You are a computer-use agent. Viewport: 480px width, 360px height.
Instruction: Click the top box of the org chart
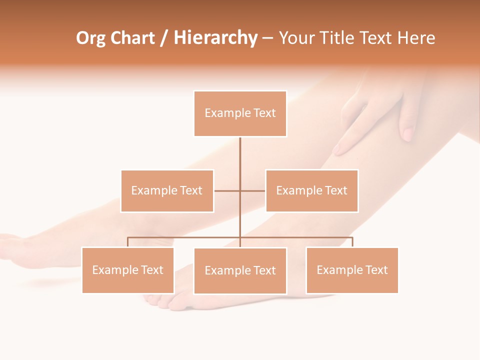[x=240, y=113]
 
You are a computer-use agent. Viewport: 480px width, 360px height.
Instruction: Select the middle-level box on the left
[x=167, y=190]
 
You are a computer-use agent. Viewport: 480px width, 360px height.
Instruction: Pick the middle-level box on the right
[x=311, y=190]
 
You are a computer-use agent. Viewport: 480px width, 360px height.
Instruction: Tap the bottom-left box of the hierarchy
[x=128, y=270]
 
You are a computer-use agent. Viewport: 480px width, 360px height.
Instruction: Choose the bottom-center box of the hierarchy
[x=240, y=270]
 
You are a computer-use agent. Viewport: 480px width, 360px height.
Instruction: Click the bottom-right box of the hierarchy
[x=352, y=270]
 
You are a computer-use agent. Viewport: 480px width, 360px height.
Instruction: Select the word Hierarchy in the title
[x=215, y=38]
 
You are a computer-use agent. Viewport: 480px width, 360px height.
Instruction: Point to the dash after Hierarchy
[x=267, y=38]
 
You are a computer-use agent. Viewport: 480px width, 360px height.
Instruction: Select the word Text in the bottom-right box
[x=376, y=270]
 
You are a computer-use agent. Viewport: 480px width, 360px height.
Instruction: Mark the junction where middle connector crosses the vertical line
[x=240, y=190]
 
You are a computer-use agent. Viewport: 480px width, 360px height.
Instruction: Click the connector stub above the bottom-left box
[x=128, y=242]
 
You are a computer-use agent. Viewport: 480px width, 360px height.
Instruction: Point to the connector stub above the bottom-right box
[x=352, y=242]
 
